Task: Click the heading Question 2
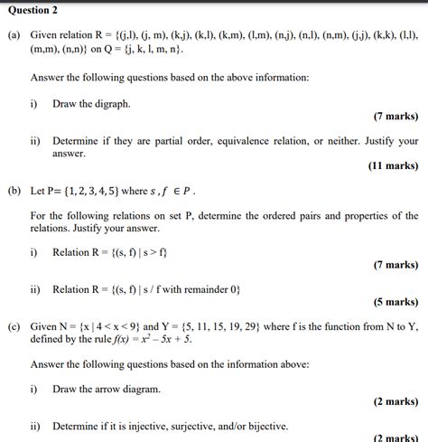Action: (x=33, y=10)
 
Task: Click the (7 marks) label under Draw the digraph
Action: (x=395, y=117)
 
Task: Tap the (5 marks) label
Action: (x=395, y=302)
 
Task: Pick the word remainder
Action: (x=203, y=289)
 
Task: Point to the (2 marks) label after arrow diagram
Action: (x=395, y=401)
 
